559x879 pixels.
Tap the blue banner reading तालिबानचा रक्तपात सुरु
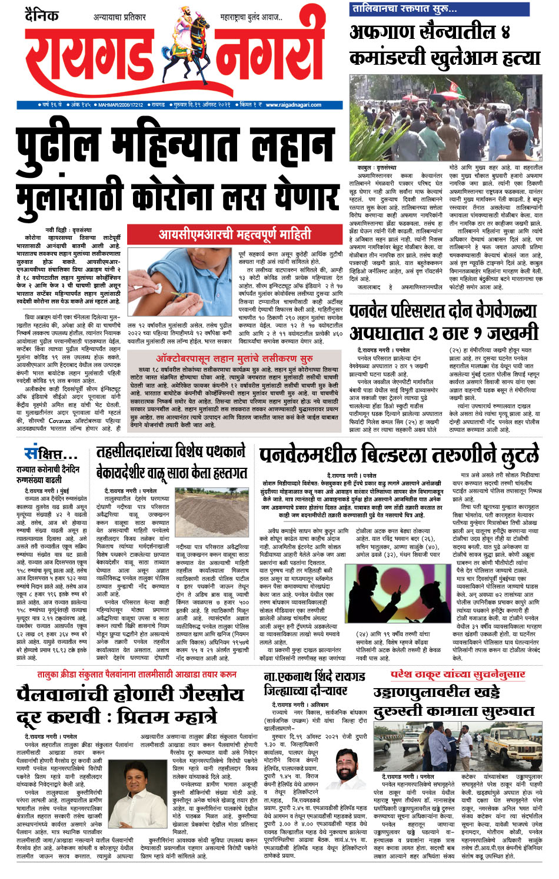point(404,8)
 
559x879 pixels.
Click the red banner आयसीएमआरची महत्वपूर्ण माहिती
point(235,234)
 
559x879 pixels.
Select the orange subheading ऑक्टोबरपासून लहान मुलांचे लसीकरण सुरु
point(234,358)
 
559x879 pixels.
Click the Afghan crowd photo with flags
point(445,118)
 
